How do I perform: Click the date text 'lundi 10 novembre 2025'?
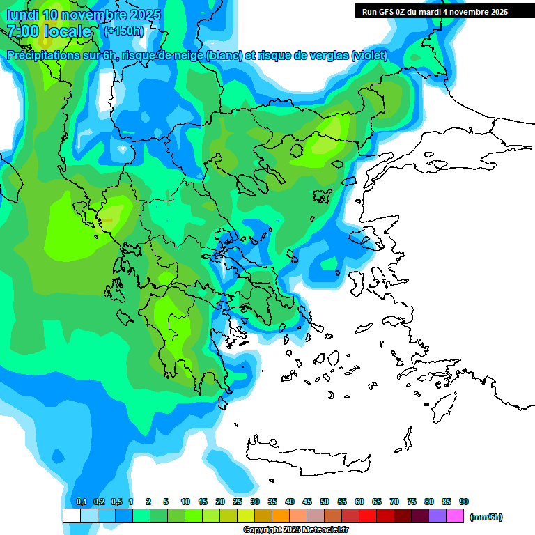click(x=84, y=15)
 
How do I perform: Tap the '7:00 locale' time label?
click(x=49, y=31)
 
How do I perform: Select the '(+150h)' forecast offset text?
click(x=124, y=31)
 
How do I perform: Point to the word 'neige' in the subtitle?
click(x=187, y=56)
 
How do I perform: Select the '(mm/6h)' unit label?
click(x=486, y=517)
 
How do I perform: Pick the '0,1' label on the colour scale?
click(x=81, y=502)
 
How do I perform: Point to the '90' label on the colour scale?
click(x=464, y=502)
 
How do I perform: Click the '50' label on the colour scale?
click(x=325, y=502)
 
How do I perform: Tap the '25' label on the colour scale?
click(x=238, y=502)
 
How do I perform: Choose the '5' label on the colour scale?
click(x=166, y=502)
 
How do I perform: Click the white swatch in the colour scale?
click(x=71, y=516)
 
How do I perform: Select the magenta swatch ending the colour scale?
click(x=456, y=516)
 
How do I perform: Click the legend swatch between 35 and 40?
click(x=281, y=516)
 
